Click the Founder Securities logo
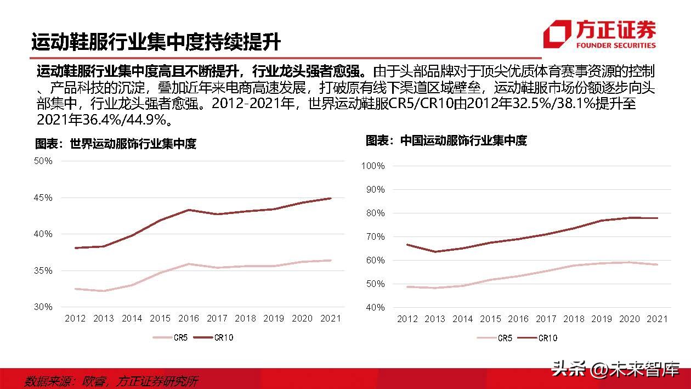(x=599, y=34)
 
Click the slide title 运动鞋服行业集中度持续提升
(x=156, y=42)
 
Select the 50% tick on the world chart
(x=43, y=161)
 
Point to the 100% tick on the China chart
(x=373, y=166)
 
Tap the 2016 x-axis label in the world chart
(x=188, y=318)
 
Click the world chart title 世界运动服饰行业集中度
(x=116, y=144)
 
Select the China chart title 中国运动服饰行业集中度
(x=446, y=140)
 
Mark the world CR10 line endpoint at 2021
(x=331, y=199)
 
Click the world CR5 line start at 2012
(x=75, y=289)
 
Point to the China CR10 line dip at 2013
(x=435, y=252)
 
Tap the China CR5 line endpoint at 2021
(x=657, y=264)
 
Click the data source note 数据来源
(x=112, y=381)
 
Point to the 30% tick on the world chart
(x=43, y=307)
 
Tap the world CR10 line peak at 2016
(x=188, y=210)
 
